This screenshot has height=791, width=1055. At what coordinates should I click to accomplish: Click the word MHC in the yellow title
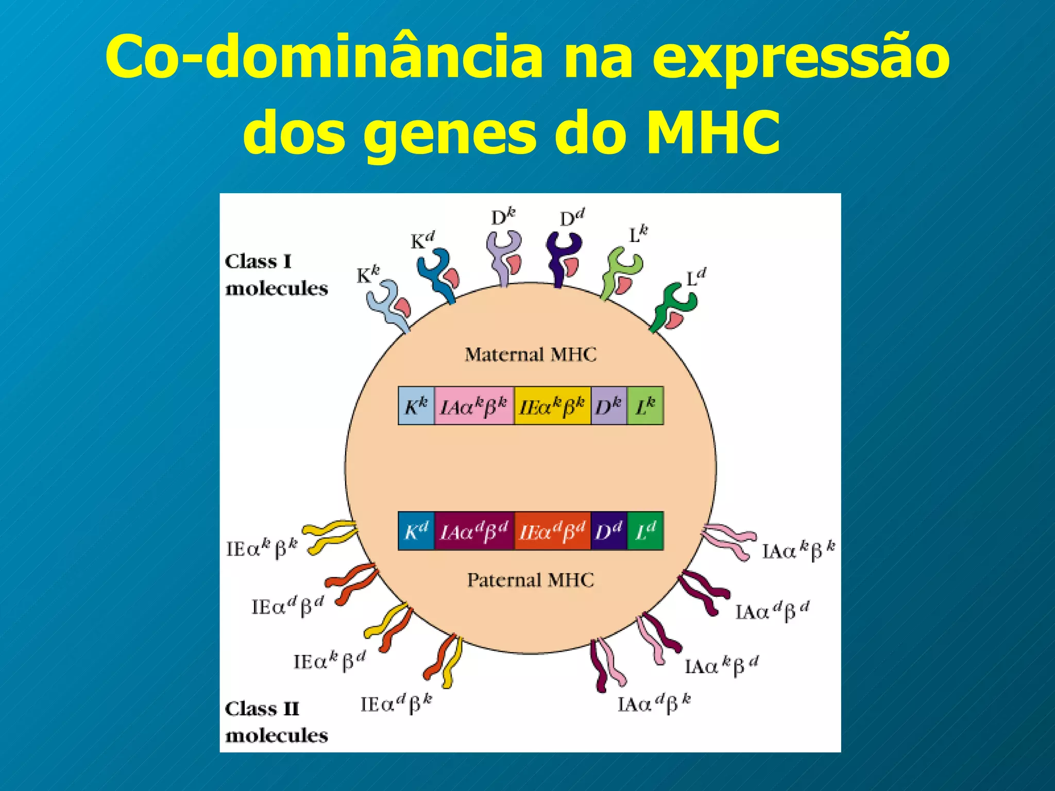[x=713, y=132]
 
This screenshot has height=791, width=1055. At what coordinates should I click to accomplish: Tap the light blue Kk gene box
[x=416, y=406]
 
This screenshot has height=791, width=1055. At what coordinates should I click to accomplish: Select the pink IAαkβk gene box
[x=474, y=406]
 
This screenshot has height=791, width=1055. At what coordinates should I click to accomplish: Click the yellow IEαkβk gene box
[x=552, y=406]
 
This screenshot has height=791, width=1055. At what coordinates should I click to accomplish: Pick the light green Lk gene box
[x=645, y=406]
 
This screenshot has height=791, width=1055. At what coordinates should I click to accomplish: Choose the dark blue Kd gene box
[x=416, y=531]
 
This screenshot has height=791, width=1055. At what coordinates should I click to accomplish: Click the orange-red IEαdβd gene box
[x=552, y=531]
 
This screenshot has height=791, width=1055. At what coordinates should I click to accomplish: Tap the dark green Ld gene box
[x=645, y=531]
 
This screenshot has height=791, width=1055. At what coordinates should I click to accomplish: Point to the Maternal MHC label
[x=531, y=355]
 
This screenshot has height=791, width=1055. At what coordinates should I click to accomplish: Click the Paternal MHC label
[x=531, y=580]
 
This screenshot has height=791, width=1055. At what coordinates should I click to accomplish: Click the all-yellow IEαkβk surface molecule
[x=330, y=536]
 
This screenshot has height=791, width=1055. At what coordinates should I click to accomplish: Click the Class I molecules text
[x=276, y=275]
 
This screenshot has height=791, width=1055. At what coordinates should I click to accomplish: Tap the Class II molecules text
[x=276, y=722]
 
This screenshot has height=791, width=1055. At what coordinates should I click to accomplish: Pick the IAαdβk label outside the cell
[x=654, y=704]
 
